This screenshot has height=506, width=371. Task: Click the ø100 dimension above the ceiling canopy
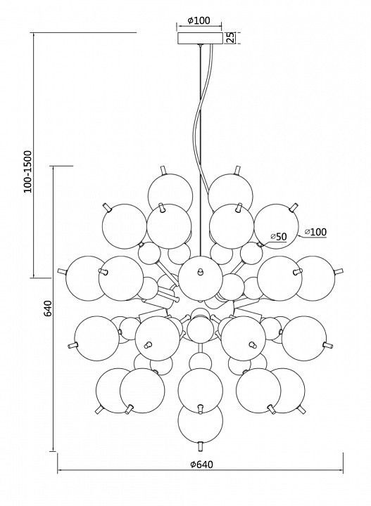(199, 20)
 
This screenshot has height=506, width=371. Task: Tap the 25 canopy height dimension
(229, 37)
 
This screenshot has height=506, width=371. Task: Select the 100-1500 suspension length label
(28, 171)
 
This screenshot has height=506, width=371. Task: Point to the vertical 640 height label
(47, 309)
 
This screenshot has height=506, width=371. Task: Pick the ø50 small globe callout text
(279, 237)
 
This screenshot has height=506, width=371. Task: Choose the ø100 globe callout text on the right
(316, 232)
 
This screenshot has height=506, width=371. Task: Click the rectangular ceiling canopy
(201, 38)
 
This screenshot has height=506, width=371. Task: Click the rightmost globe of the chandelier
(315, 278)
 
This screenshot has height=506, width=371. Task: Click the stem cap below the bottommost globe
(201, 446)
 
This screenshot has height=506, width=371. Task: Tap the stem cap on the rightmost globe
(339, 271)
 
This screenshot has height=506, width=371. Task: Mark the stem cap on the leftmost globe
(62, 271)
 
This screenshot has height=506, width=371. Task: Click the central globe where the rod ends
(201, 278)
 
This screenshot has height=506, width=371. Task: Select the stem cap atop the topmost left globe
(163, 170)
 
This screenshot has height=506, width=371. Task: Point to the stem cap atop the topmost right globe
(238, 170)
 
